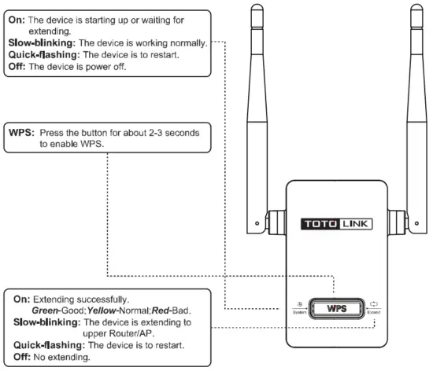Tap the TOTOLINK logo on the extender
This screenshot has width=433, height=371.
pos(336,223)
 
